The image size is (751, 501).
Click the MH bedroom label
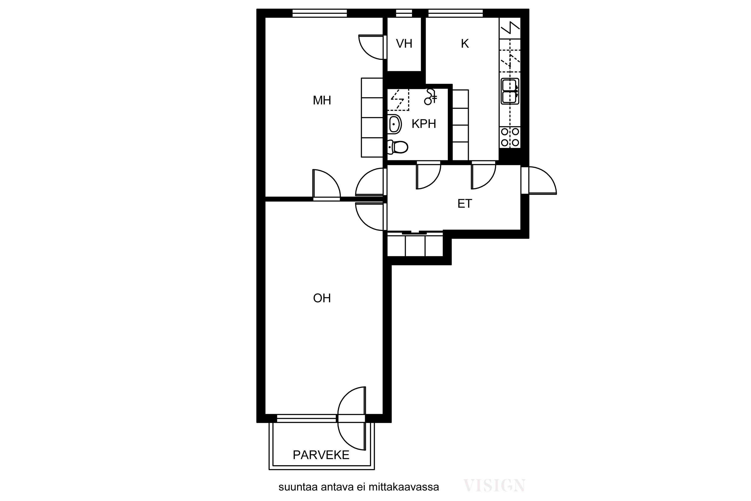pos(322,101)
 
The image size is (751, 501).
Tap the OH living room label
pos(322,298)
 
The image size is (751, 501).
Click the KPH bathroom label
pos(424,124)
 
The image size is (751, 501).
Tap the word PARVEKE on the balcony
pos(321,455)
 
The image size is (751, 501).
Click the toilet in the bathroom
pos(398,147)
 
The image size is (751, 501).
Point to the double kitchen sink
pos(510,91)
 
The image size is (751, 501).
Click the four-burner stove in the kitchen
pos(510,137)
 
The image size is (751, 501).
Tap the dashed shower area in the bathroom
pos(398,100)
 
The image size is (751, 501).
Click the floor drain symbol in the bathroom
pos(431,97)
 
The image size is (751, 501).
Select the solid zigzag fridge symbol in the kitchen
pos(510,28)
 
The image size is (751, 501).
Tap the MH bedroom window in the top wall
pos(320,13)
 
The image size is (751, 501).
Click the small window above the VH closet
pos(404,13)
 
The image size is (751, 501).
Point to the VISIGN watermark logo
pos(494,486)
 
